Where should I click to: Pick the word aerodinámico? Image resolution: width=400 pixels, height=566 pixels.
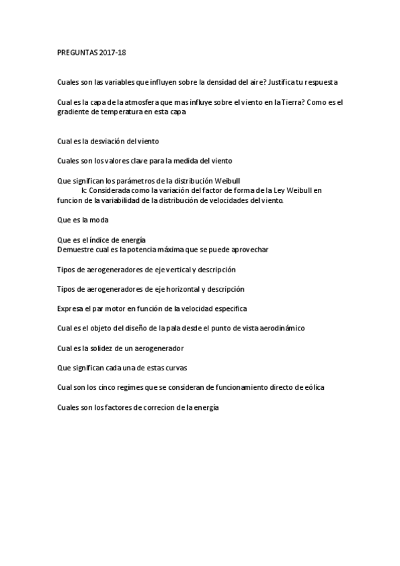[281, 328]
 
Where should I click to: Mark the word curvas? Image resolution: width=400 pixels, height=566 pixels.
[176, 368]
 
